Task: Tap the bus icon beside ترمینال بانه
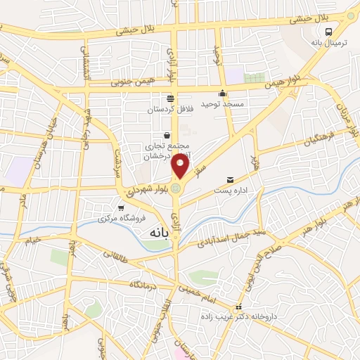[x=328, y=31]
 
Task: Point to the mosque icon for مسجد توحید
[x=223, y=94]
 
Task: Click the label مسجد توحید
[x=222, y=104]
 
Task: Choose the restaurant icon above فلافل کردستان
[x=169, y=99]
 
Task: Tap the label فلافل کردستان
[x=169, y=110]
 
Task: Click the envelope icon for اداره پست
[x=229, y=180]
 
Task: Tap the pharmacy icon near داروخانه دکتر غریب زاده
[x=239, y=307]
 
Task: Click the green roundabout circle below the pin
[x=176, y=188]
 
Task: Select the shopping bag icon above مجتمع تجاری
[x=167, y=135]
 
